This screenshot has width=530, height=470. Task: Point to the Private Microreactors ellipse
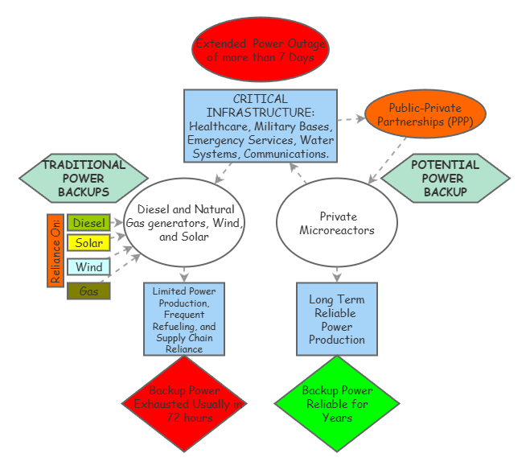pyautogui.click(x=337, y=223)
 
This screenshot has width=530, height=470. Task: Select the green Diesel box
pyautogui.click(x=88, y=223)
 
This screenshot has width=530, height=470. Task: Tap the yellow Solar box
pyautogui.click(x=88, y=242)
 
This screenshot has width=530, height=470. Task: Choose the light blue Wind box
pyautogui.click(x=88, y=267)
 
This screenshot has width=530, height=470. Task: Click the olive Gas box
pyautogui.click(x=88, y=291)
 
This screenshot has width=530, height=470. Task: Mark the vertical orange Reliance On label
pyautogui.click(x=55, y=250)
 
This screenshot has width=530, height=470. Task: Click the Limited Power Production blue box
pyautogui.click(x=184, y=319)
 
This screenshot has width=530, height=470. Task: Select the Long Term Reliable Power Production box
pyautogui.click(x=337, y=320)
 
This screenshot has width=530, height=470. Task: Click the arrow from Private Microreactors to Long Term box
pyautogui.click(x=337, y=272)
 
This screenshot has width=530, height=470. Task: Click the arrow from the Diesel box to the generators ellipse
pyautogui.click(x=118, y=221)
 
